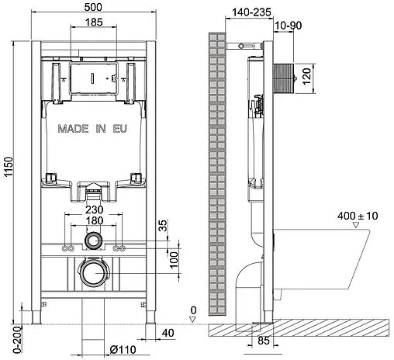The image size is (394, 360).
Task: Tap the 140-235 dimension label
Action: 244,12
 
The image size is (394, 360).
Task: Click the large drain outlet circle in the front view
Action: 93,273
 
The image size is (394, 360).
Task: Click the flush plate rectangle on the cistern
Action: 93,78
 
